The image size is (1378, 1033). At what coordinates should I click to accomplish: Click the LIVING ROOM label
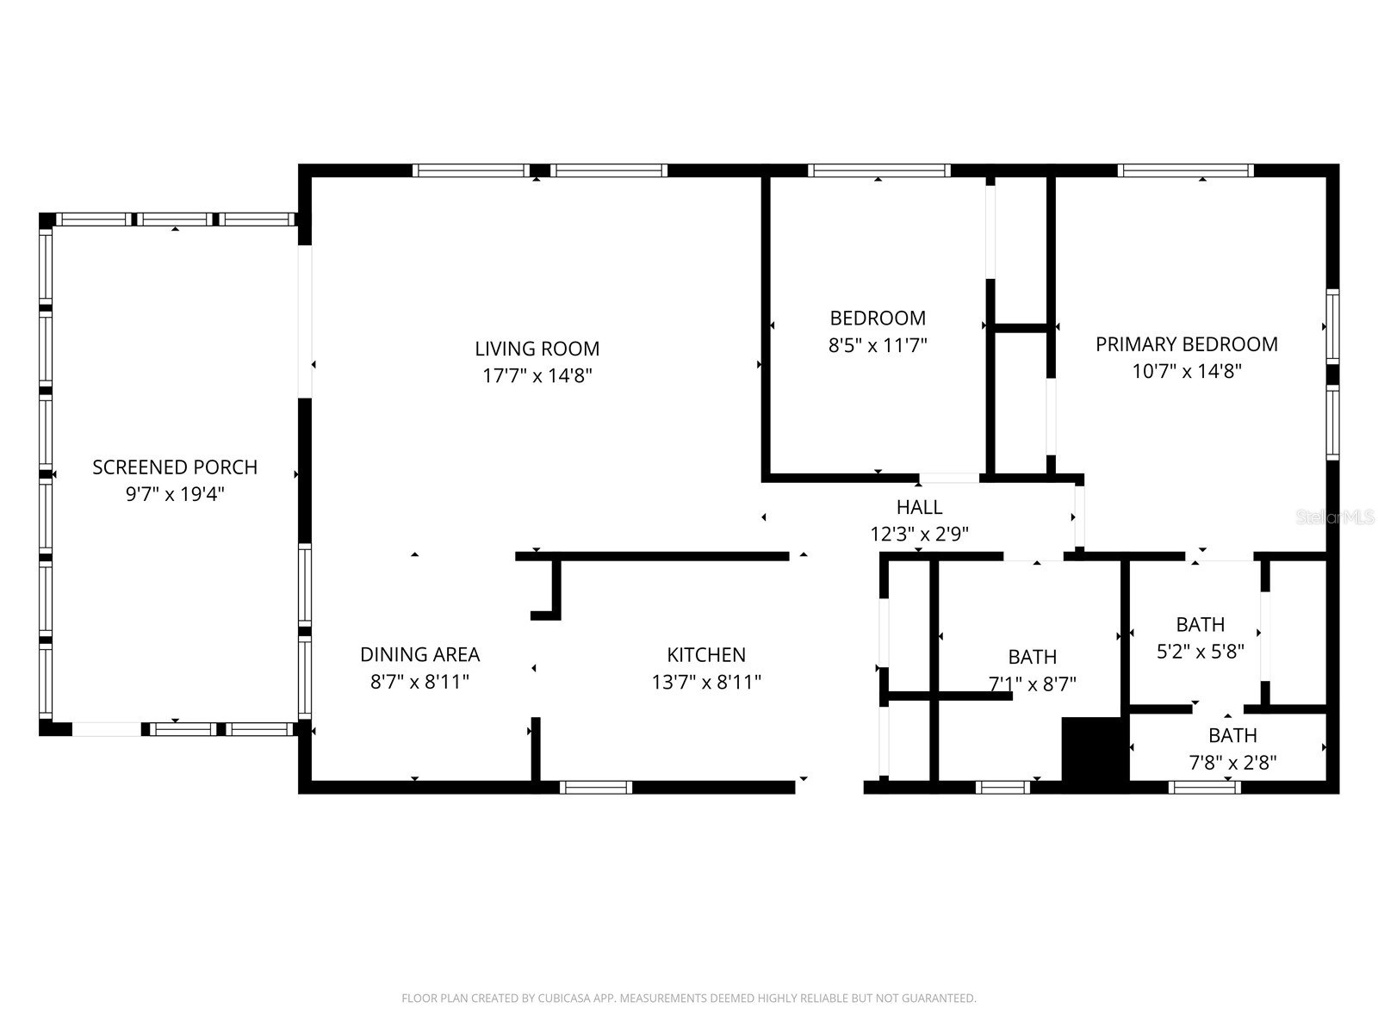coord(537,349)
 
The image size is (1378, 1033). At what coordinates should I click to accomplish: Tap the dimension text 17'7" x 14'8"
coord(537,375)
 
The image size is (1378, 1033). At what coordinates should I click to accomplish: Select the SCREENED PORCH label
coord(175,467)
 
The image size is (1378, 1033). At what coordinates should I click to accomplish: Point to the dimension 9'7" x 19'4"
coord(175,494)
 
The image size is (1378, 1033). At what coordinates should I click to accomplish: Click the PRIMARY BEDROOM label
coord(1186,344)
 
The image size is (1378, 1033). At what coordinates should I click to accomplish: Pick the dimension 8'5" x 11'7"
coord(878,345)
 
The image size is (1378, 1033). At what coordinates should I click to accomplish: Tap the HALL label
coord(919,507)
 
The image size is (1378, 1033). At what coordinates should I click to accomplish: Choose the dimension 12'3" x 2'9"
coord(919,534)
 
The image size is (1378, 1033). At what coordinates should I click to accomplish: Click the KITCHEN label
coord(706,654)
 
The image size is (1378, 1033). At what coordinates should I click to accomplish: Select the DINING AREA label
coord(419,654)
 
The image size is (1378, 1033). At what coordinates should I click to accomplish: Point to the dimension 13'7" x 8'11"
coord(706,682)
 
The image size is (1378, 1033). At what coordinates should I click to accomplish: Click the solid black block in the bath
coord(1094,749)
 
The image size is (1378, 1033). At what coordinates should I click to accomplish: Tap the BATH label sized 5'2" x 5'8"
coord(1200,624)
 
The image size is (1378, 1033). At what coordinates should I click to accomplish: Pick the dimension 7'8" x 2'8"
coord(1232,762)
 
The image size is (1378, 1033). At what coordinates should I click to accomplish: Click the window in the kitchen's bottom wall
coord(596,787)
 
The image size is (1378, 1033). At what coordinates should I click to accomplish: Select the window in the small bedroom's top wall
coord(878,170)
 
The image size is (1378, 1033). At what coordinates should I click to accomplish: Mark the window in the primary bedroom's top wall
coord(1185,170)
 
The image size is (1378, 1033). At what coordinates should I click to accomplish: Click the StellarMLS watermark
coord(1336,517)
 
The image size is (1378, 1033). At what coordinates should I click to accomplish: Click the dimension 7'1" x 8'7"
coord(1032,684)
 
